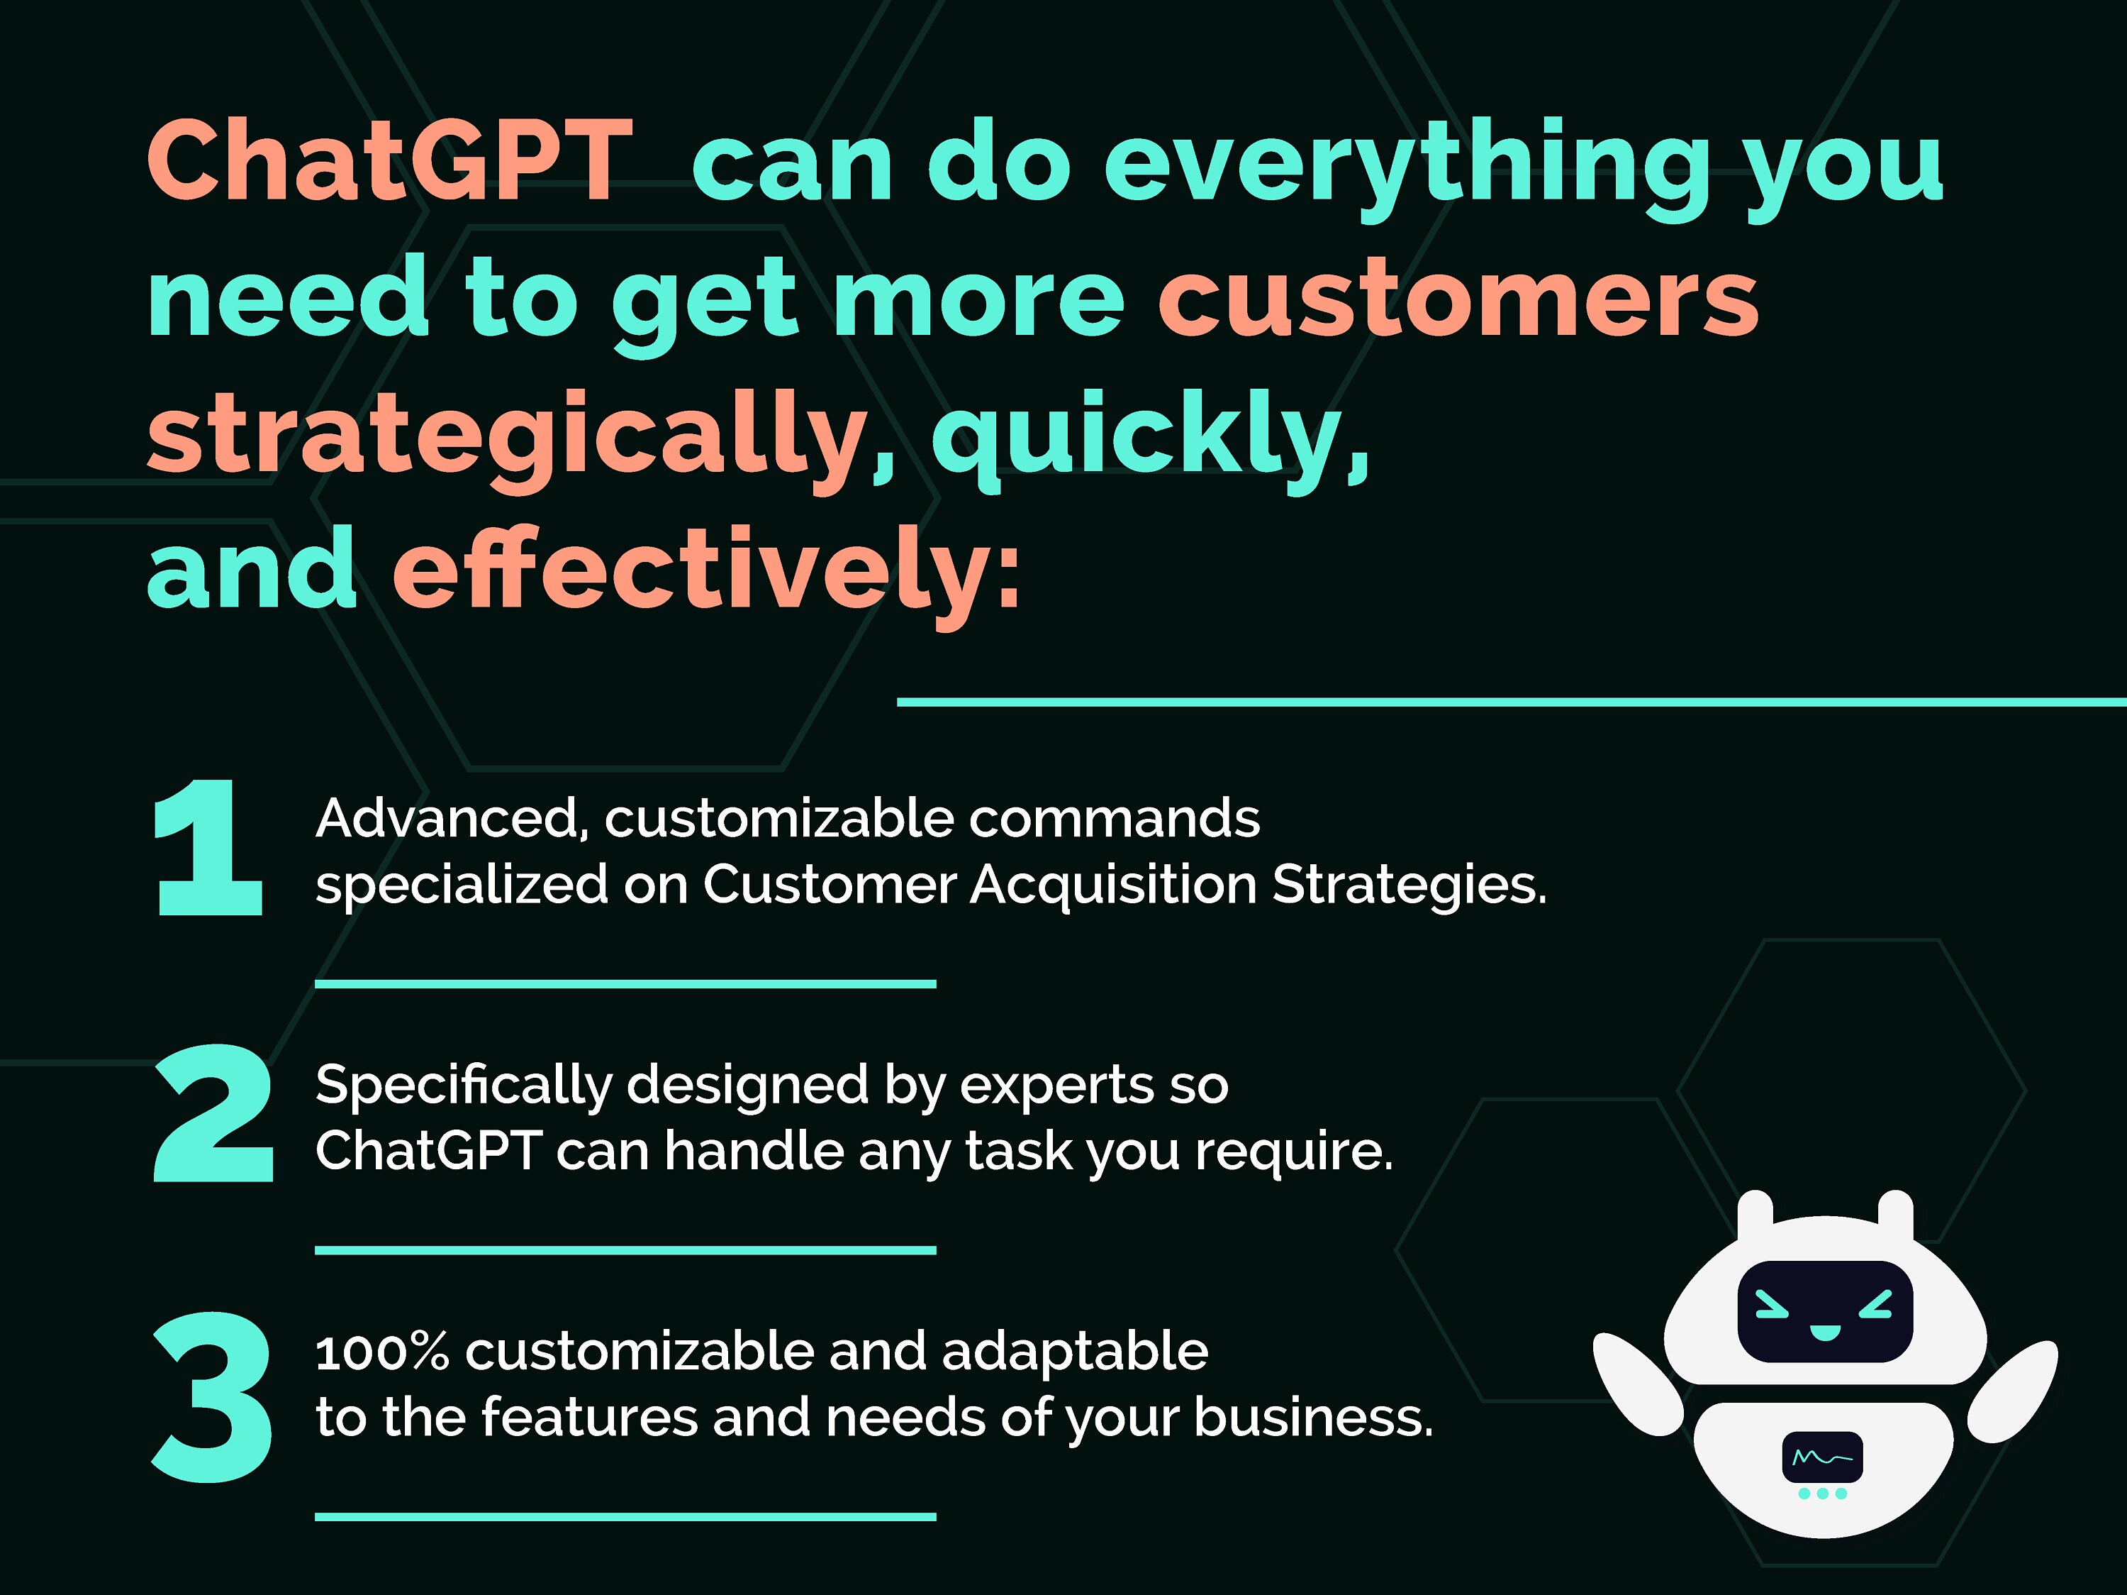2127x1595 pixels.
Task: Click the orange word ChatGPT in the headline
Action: (x=389, y=162)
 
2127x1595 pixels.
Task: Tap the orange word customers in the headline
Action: (x=1458, y=298)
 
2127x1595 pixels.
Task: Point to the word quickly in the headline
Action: (x=1149, y=438)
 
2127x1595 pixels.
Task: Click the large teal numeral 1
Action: (x=208, y=846)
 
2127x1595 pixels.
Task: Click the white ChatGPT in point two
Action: (x=428, y=1151)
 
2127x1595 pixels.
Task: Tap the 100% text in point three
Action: (x=381, y=1352)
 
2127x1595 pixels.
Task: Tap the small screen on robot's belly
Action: (x=1822, y=1457)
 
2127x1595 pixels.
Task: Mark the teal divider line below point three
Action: (x=625, y=1516)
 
